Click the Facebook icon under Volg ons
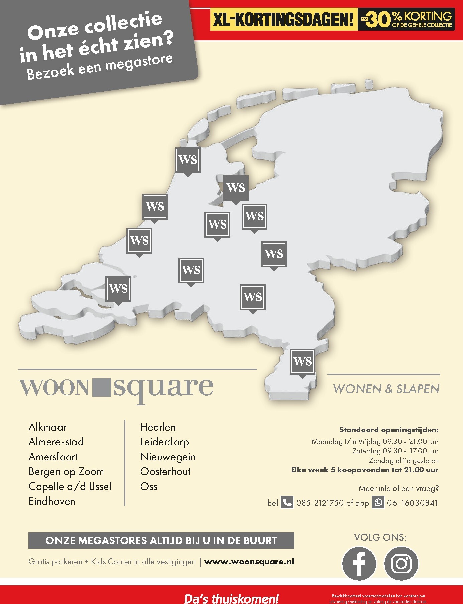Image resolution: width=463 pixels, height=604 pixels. pyautogui.click(x=359, y=564)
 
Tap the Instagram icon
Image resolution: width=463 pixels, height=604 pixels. pyautogui.click(x=401, y=564)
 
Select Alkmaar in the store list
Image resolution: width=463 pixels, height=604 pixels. pyautogui.click(x=47, y=427)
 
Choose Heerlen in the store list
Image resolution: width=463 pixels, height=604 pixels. pyautogui.click(x=158, y=427)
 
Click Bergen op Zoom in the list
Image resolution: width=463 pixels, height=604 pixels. pyautogui.click(x=66, y=472)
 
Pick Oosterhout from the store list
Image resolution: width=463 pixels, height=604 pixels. pyautogui.click(x=165, y=472)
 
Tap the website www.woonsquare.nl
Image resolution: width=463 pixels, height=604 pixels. pyautogui.click(x=249, y=562)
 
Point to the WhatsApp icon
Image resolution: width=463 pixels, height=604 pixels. pyautogui.click(x=378, y=502)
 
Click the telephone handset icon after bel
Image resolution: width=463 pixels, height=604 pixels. pyautogui.click(x=287, y=502)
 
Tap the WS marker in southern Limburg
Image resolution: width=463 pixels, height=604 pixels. pyautogui.click(x=302, y=362)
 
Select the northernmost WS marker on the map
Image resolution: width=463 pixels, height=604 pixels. pyautogui.click(x=188, y=160)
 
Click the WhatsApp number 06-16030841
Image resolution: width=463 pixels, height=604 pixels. pyautogui.click(x=412, y=503)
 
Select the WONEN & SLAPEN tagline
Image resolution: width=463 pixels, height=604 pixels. pyautogui.click(x=386, y=389)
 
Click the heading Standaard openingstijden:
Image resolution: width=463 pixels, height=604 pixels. pyautogui.click(x=389, y=430)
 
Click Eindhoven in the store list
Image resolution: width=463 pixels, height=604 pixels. pyautogui.click(x=52, y=501)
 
